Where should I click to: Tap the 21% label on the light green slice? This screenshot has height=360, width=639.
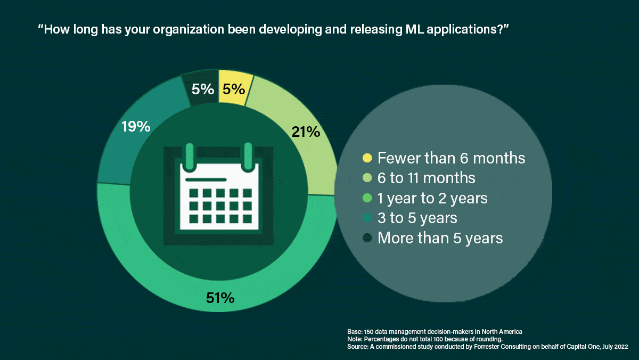[306, 132]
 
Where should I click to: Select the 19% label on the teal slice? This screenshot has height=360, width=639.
[136, 127]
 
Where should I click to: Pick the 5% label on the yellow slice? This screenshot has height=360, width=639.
[233, 89]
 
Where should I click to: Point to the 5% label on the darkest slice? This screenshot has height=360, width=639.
[203, 89]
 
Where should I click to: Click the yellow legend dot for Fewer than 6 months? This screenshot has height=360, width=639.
[367, 158]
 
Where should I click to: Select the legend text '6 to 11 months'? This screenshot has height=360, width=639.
[426, 178]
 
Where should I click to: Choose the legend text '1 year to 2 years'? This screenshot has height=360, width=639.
[432, 198]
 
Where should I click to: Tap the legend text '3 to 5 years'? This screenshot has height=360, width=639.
[417, 218]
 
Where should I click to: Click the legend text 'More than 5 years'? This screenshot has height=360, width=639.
[440, 238]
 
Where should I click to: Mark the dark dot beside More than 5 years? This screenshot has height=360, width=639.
[367, 238]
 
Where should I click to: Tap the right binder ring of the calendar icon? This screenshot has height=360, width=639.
[248, 156]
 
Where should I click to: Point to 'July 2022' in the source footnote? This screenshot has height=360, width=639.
[614, 347]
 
